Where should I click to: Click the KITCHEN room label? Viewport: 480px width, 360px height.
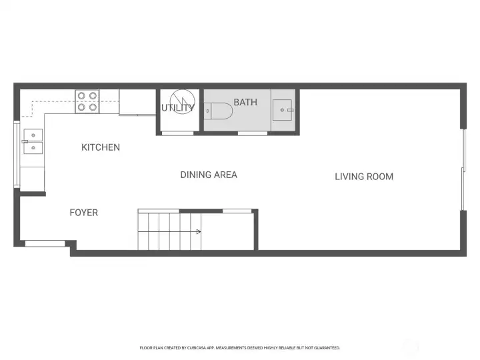click(101, 147)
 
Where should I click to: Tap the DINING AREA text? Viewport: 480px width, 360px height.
click(209, 175)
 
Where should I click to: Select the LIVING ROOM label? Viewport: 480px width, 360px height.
click(364, 177)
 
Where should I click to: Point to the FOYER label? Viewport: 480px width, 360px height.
click(84, 213)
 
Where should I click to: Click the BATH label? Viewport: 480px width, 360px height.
click(245, 102)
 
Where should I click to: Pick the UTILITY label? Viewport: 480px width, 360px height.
click(178, 108)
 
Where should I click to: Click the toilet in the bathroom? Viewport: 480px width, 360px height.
click(218, 111)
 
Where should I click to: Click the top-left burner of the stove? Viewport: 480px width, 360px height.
click(81, 95)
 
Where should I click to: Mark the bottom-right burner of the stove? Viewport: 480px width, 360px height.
click(92, 106)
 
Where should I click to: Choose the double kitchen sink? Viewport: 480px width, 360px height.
click(32, 142)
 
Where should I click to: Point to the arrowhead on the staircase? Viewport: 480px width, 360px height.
click(199, 232)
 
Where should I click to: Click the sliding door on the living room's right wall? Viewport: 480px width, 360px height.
click(463, 169)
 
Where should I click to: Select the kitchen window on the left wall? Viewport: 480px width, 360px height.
click(16, 153)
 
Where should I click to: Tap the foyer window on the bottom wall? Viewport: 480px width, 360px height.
click(45, 243)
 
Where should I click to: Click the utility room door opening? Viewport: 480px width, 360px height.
click(179, 133)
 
